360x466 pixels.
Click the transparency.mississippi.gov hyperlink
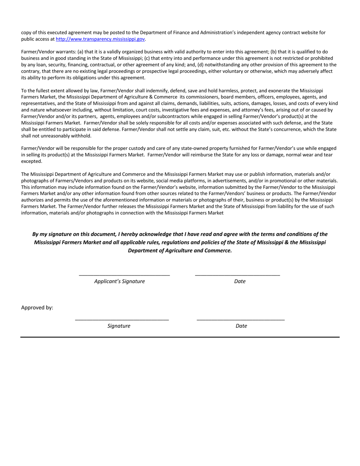click(x=100, y=39)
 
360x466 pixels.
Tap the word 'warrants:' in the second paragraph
click(x=66, y=52)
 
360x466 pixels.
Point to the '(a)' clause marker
click(x=81, y=52)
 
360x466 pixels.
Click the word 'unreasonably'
click(x=52, y=136)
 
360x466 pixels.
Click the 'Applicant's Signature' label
click(x=119, y=281)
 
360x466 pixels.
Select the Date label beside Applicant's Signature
click(x=239, y=281)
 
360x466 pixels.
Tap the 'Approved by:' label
click(x=37, y=308)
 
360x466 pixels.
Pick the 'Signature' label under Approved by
click(x=119, y=326)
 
